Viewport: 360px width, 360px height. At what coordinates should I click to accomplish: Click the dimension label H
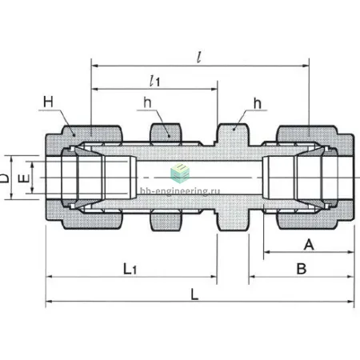pos(48,102)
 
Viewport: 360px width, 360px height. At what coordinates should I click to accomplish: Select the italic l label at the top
pos(198,56)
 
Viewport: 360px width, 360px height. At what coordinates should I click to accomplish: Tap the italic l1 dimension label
pos(155,81)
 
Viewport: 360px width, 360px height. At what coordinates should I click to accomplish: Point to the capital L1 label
pos(130,269)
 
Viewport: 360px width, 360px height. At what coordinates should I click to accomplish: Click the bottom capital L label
pos(194,294)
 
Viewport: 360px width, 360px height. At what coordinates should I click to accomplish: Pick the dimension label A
pos(309,244)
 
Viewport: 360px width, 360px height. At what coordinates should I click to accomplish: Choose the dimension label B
pos(302,269)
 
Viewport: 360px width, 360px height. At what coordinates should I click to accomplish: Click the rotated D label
pos(4,178)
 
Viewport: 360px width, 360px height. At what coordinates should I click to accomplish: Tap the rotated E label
pos(24,178)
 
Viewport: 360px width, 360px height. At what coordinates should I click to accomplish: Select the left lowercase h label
pos(147,102)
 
